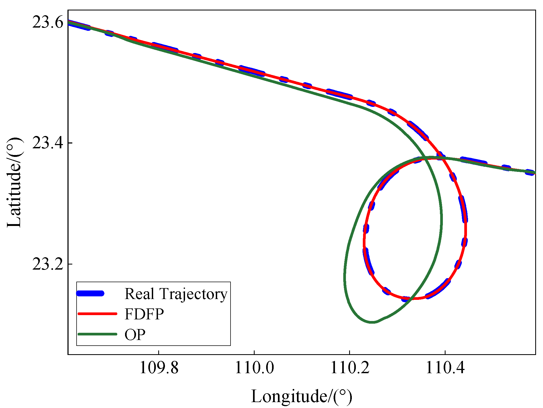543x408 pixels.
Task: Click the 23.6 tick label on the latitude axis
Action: (48, 22)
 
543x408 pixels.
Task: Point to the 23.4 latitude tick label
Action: (48, 143)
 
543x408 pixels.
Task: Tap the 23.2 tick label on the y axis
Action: (48, 264)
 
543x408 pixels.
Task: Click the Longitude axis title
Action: (301, 396)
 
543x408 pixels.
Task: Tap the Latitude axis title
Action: (14, 183)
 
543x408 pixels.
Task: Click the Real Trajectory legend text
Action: (176, 294)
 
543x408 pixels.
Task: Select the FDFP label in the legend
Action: (144, 314)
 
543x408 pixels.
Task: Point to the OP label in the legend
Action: (135, 334)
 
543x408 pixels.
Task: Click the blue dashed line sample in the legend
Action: (90, 293)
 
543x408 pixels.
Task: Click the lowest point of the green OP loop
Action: (372, 322)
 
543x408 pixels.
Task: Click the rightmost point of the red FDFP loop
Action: (466, 230)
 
